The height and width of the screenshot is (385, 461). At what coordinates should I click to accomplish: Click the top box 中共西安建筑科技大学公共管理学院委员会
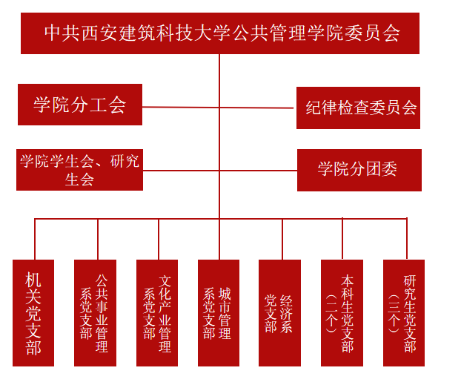coord(220,33)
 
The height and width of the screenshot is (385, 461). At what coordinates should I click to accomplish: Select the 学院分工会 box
coord(80,105)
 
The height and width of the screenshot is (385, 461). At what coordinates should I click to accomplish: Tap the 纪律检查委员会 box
coord(358,108)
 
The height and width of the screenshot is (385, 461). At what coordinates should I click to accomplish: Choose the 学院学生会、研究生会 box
coord(80,170)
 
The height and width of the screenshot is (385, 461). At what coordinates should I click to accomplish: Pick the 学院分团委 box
coord(359,170)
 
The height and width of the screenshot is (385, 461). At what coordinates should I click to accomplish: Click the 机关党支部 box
coord(33,313)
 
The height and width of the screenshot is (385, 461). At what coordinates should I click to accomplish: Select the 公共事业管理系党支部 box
coord(96,313)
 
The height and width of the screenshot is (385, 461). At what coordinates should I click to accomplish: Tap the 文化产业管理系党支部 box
coord(157,313)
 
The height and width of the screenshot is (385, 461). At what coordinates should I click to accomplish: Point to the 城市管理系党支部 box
coord(219,313)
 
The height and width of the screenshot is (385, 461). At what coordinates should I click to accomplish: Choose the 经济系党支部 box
coord(279,313)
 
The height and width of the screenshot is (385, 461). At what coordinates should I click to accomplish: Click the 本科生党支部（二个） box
coord(342,313)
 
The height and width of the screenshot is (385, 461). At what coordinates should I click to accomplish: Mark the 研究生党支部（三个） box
coord(404,313)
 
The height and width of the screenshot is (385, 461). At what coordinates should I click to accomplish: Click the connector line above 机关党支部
coord(35,239)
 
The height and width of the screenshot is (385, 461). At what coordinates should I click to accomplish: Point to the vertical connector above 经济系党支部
coord(282,239)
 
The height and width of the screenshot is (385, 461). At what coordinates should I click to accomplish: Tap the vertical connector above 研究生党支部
coord(407,238)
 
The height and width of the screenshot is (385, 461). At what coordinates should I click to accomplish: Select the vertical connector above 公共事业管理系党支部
coord(98,239)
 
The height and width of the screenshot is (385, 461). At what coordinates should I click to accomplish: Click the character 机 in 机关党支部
coord(33,280)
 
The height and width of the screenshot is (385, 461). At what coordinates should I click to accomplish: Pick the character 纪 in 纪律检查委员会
coord(314,108)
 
